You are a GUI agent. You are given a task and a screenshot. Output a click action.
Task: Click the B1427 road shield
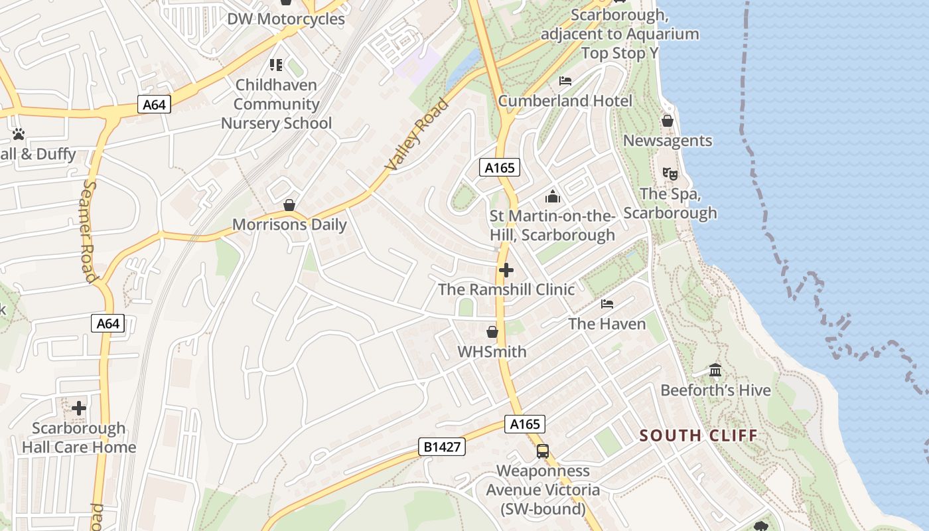(441, 447)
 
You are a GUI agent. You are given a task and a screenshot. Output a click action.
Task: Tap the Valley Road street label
(417, 135)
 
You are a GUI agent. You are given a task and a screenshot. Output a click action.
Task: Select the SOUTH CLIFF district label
(698, 436)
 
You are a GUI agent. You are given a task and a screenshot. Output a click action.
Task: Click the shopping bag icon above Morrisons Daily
(289, 205)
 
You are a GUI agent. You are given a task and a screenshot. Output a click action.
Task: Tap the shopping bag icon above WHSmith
(492, 332)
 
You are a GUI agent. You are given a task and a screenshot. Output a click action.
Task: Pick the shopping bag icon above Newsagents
(668, 121)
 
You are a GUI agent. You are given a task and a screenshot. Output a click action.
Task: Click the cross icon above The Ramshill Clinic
(506, 270)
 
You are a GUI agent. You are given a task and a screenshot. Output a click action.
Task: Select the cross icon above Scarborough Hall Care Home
(79, 408)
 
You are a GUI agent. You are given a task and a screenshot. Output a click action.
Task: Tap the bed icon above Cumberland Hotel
(565, 81)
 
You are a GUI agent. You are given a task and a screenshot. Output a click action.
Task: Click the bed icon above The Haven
(607, 304)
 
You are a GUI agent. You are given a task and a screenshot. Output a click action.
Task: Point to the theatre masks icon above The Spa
(670, 174)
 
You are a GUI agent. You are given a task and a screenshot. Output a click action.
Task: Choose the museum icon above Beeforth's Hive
(715, 370)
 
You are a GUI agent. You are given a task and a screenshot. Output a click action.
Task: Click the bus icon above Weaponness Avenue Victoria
(543, 451)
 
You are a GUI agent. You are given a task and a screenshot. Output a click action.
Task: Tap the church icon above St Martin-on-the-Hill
(552, 196)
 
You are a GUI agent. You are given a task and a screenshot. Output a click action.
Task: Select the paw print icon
(19, 134)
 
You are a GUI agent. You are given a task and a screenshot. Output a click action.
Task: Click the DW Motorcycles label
(286, 19)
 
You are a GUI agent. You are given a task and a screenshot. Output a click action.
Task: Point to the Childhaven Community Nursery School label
(276, 104)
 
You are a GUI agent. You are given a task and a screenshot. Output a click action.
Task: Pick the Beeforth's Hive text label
(715, 390)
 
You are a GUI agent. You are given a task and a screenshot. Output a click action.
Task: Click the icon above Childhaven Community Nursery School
(276, 65)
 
